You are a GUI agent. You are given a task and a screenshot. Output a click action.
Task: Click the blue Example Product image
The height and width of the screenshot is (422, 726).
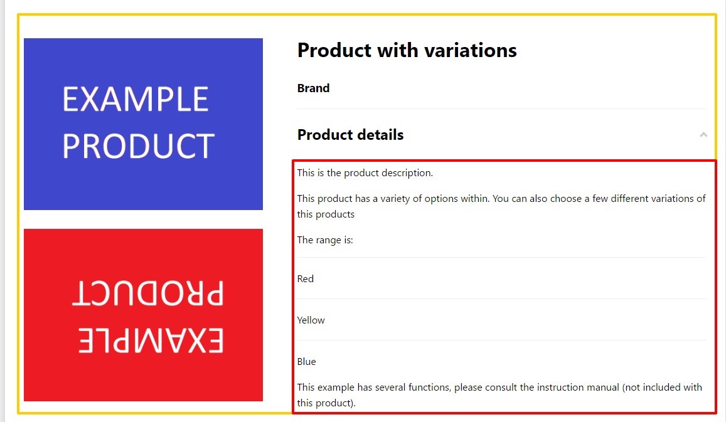pyautogui.click(x=143, y=124)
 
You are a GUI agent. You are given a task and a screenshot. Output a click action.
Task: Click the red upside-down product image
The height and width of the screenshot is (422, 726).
pyautogui.click(x=143, y=315)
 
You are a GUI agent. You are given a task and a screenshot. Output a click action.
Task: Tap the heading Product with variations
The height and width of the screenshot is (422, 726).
pyautogui.click(x=407, y=50)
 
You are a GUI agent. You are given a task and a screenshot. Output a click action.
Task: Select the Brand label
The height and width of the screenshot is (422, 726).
pyautogui.click(x=314, y=88)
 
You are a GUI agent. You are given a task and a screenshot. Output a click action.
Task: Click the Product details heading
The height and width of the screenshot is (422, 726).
pyautogui.click(x=351, y=135)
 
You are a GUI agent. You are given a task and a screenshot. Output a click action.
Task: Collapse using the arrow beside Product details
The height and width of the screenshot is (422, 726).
pyautogui.click(x=703, y=135)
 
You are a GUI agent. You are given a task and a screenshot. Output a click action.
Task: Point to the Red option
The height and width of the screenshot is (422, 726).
pyautogui.click(x=306, y=278)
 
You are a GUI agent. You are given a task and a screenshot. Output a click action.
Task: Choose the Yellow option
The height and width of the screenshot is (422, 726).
pyautogui.click(x=311, y=320)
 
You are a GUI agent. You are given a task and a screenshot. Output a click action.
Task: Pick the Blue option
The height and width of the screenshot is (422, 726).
pyautogui.click(x=306, y=361)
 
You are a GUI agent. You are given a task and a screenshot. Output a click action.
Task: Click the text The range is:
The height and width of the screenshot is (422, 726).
pyautogui.click(x=325, y=240)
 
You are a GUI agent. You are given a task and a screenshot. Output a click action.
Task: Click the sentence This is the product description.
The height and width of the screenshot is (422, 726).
pyautogui.click(x=365, y=172)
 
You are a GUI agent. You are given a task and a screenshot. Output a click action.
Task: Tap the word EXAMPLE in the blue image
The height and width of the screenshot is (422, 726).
pyautogui.click(x=136, y=99)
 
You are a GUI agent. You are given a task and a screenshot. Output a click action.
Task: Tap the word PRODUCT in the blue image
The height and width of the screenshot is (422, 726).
pyautogui.click(x=139, y=145)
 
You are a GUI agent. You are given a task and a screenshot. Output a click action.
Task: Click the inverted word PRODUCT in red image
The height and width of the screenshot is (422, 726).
pyautogui.click(x=148, y=293)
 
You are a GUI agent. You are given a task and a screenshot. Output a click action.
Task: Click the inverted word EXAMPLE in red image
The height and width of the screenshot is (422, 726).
pyautogui.click(x=151, y=340)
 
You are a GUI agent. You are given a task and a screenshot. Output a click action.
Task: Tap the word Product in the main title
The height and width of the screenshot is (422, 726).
pyautogui.click(x=334, y=50)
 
